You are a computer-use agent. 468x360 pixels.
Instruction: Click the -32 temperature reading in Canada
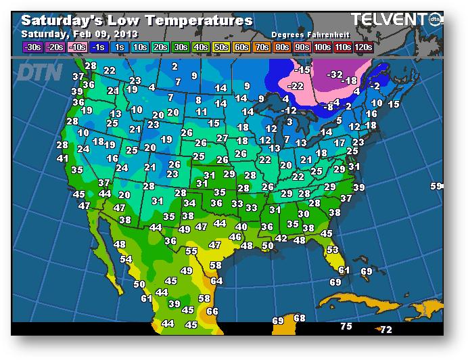tap(335, 74)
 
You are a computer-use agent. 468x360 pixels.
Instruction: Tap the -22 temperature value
tap(295, 86)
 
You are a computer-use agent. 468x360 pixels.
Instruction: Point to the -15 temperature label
tap(302, 70)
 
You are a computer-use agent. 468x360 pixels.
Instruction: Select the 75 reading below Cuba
tap(346, 326)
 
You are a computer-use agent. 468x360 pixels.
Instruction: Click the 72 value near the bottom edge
tap(385, 330)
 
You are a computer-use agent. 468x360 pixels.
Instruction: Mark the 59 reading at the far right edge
tap(436, 186)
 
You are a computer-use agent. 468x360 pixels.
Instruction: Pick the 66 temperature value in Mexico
tap(212, 311)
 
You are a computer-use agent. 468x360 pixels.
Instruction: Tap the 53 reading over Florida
tap(332, 250)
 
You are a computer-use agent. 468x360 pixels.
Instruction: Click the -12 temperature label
tap(289, 110)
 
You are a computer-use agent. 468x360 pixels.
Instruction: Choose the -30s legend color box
tap(31, 47)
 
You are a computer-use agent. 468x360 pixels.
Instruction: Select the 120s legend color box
tap(362, 47)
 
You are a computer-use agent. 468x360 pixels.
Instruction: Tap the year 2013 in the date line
tap(126, 33)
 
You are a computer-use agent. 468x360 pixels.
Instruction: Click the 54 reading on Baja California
tap(126, 259)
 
